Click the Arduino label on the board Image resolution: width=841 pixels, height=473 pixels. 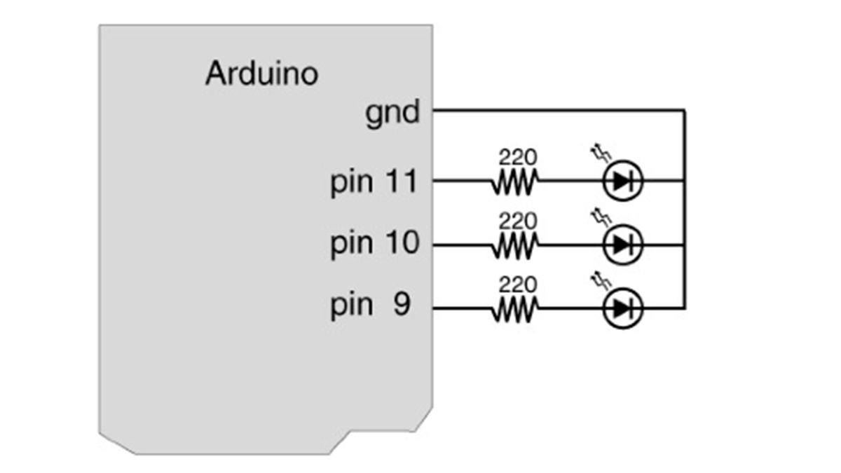coord(261,73)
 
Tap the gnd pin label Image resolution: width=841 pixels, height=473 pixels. coord(392,114)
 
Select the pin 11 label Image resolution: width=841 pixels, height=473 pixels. coord(374,183)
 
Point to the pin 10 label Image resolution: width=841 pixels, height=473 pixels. coord(375,245)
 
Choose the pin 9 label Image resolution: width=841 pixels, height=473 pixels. coord(370,306)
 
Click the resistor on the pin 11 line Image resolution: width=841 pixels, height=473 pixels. coord(514,181)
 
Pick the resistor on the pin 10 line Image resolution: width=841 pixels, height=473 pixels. coord(514,246)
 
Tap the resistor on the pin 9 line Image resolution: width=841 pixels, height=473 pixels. coord(514,309)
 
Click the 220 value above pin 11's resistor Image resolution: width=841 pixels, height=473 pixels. coord(518,157)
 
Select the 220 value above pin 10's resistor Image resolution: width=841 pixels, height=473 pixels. coord(518,221)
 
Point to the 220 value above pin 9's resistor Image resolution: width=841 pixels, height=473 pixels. coord(518,285)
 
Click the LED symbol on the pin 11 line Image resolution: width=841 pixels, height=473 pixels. coord(622,181)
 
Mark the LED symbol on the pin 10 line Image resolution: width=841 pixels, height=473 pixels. coord(622,245)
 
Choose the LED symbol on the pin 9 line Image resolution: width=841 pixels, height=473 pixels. coord(622,308)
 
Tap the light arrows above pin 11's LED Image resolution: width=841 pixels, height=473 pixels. coord(601,153)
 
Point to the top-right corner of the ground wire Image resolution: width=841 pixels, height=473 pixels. coord(685,111)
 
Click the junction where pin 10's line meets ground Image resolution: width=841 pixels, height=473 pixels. coord(685,245)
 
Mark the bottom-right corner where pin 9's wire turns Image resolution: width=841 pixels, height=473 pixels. coord(685,308)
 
